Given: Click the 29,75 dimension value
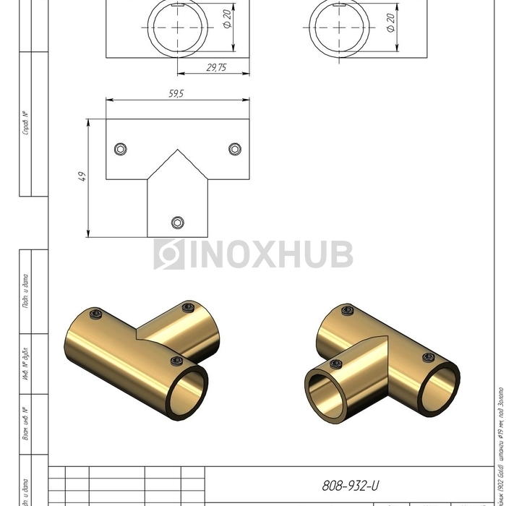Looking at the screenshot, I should (215, 67).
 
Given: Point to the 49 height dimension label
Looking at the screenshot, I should (82, 177).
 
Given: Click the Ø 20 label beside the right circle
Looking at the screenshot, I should (391, 23).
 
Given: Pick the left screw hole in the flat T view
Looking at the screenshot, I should (121, 149).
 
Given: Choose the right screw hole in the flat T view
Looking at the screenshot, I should (235, 149).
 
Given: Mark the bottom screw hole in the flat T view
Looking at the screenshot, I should (178, 222).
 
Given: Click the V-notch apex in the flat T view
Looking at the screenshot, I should (178, 150).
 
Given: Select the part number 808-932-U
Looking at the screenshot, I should (350, 486).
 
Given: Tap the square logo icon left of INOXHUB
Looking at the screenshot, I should (169, 254).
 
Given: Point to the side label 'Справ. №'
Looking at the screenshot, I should (25, 124).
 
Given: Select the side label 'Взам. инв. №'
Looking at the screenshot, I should (25, 426).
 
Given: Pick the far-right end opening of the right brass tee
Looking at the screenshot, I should (438, 390).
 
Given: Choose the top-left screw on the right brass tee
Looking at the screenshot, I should (347, 312).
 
